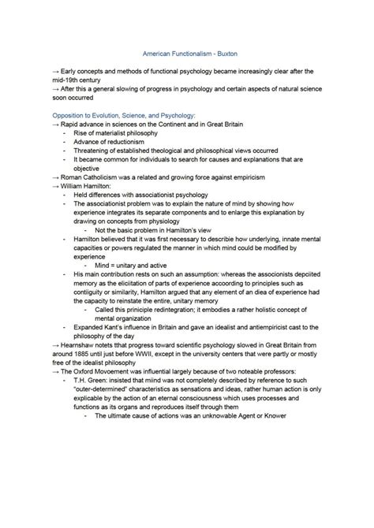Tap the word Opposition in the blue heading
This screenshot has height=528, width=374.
click(x=69, y=115)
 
